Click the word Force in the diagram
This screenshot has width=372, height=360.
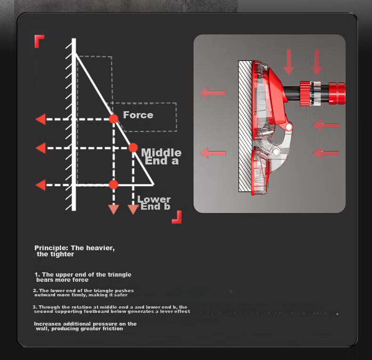138,115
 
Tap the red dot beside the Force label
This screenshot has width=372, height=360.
113,119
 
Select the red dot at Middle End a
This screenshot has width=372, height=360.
133,147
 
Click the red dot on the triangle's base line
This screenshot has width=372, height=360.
113,185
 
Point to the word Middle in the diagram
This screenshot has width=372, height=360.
162,153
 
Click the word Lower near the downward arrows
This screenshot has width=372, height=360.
154,199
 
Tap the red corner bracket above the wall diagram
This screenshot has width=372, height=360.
39,41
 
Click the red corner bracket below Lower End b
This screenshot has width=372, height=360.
177,217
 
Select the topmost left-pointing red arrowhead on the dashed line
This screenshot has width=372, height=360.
40,119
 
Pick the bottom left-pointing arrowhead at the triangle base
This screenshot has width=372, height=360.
40,185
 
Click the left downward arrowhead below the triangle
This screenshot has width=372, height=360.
113,210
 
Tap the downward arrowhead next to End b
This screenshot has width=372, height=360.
133,210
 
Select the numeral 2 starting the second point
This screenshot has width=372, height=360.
35,291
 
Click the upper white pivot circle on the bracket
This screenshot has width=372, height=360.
289,127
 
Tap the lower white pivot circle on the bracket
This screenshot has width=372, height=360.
276,151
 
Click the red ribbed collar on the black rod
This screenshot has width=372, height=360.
305,93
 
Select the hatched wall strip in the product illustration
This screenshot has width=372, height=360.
245,126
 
